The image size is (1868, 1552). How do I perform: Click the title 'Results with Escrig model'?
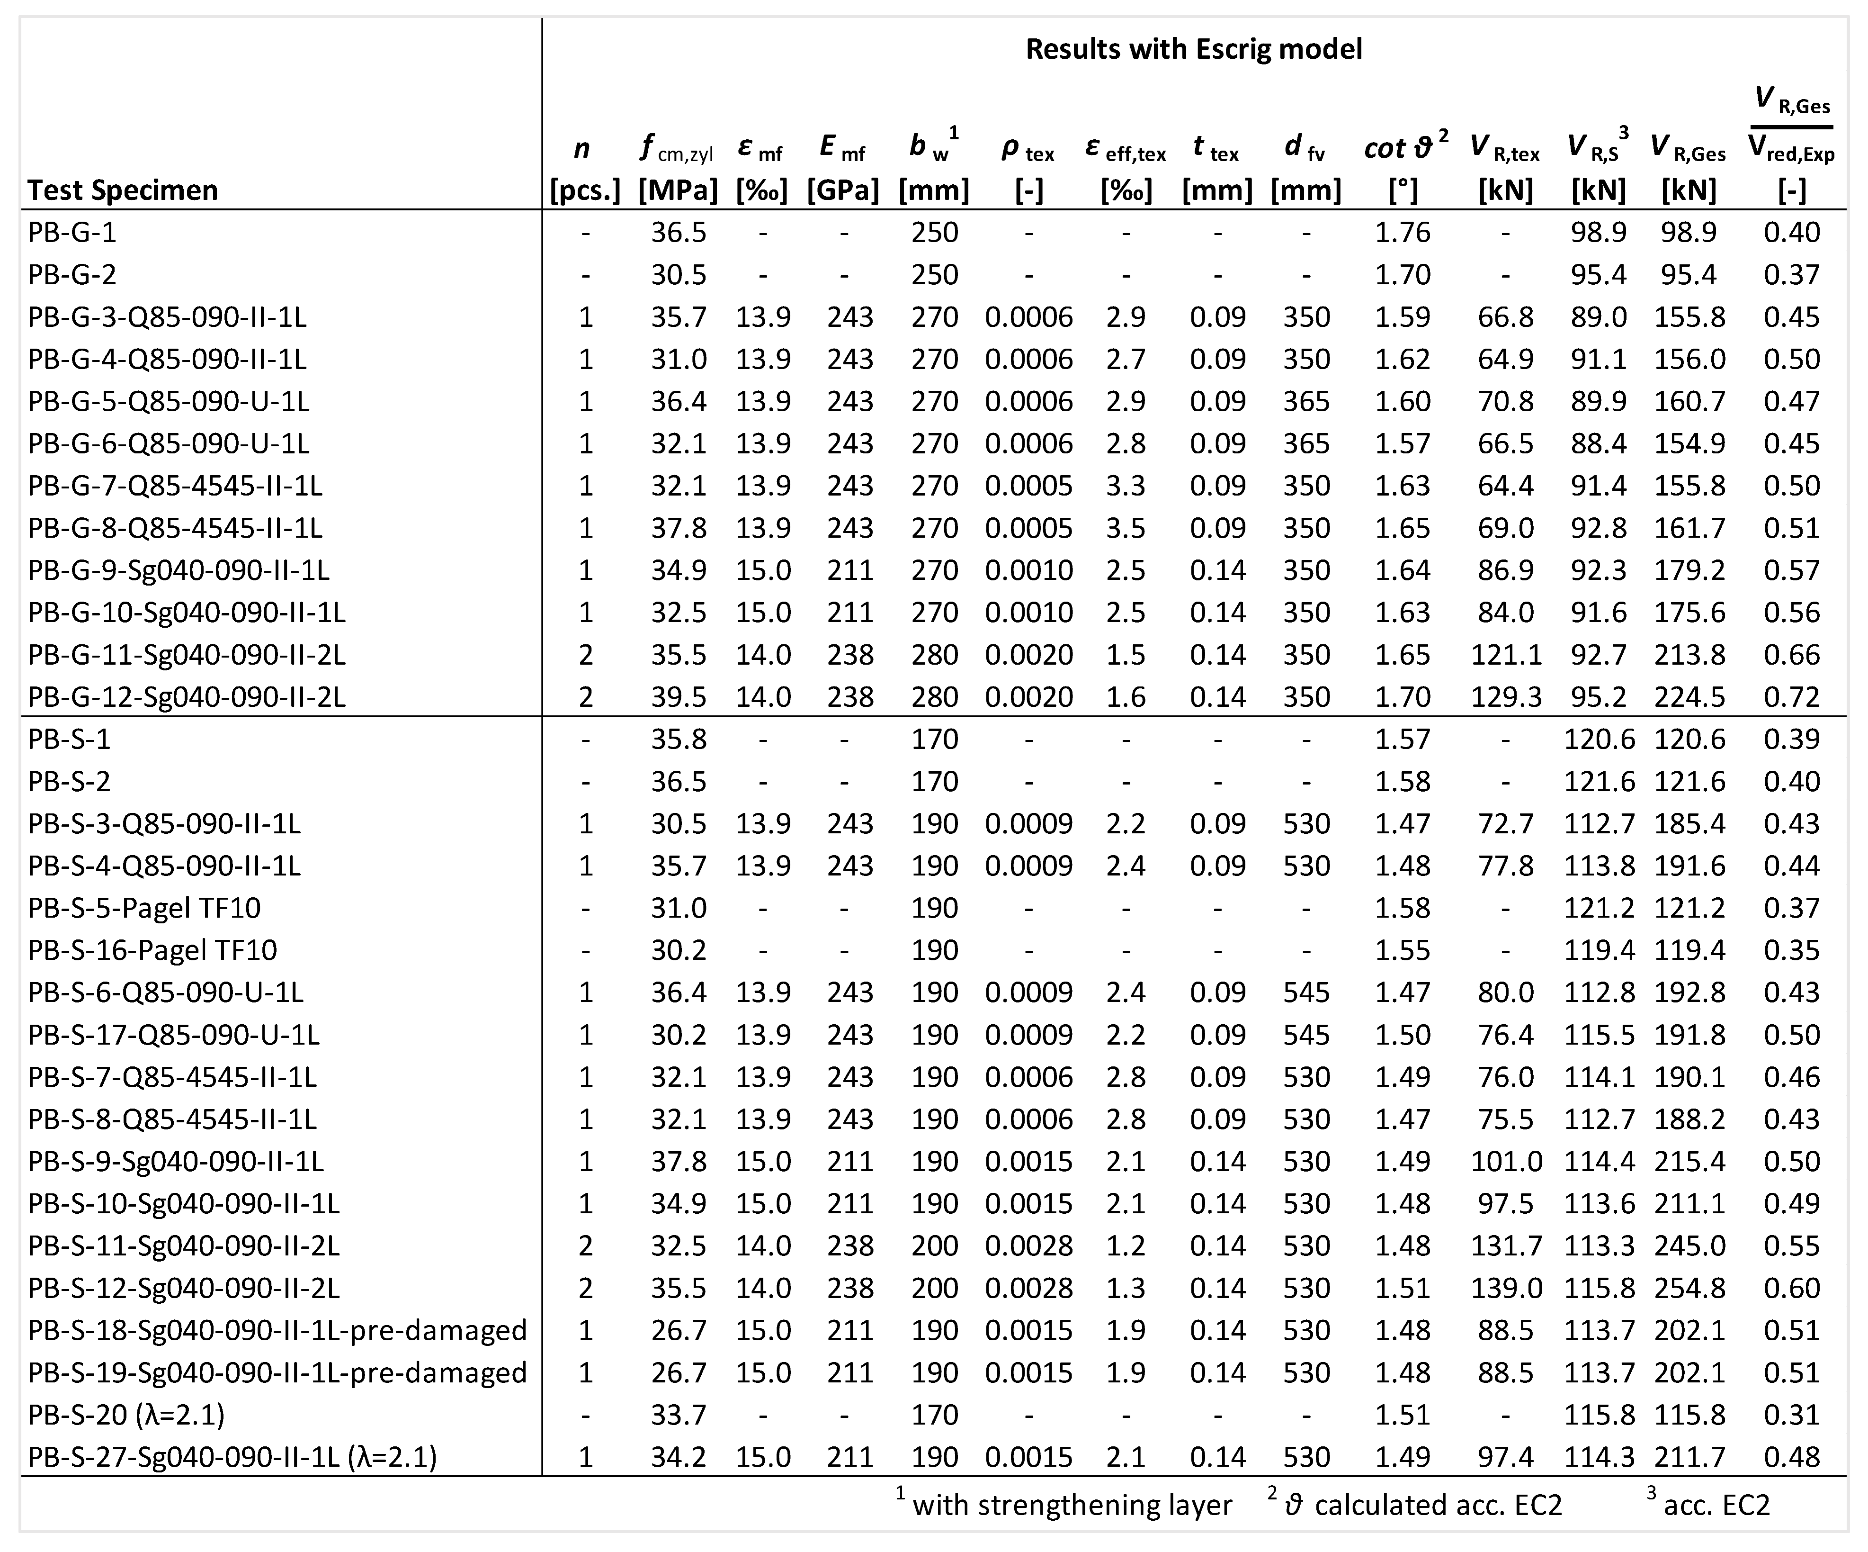[1194, 49]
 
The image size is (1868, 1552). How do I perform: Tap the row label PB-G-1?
[72, 232]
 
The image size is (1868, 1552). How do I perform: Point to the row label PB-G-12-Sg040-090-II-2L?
[187, 697]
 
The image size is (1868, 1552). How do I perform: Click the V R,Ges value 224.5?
[1689, 697]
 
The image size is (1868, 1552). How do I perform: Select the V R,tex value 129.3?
[1506, 697]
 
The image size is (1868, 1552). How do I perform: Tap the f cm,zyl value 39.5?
[679, 697]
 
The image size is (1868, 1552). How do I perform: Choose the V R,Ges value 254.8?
[1689, 1288]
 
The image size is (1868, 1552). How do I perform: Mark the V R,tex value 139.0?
[1506, 1288]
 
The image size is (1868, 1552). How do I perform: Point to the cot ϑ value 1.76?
[1403, 232]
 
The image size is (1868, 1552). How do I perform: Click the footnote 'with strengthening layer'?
[1072, 1505]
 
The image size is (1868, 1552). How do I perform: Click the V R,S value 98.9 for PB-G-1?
[1599, 232]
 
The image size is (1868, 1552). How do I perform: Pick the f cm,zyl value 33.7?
[679, 1415]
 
